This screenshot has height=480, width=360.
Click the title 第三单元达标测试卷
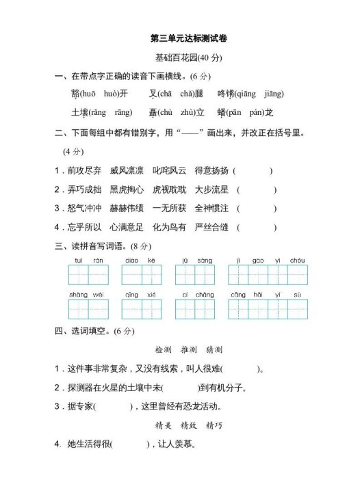point(180,40)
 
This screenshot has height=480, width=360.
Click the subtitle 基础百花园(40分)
point(180,58)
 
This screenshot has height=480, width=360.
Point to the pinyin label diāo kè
point(141,261)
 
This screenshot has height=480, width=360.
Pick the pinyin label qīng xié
point(141,295)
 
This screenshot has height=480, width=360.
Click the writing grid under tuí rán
point(88,275)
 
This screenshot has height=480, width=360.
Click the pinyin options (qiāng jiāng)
point(260,94)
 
